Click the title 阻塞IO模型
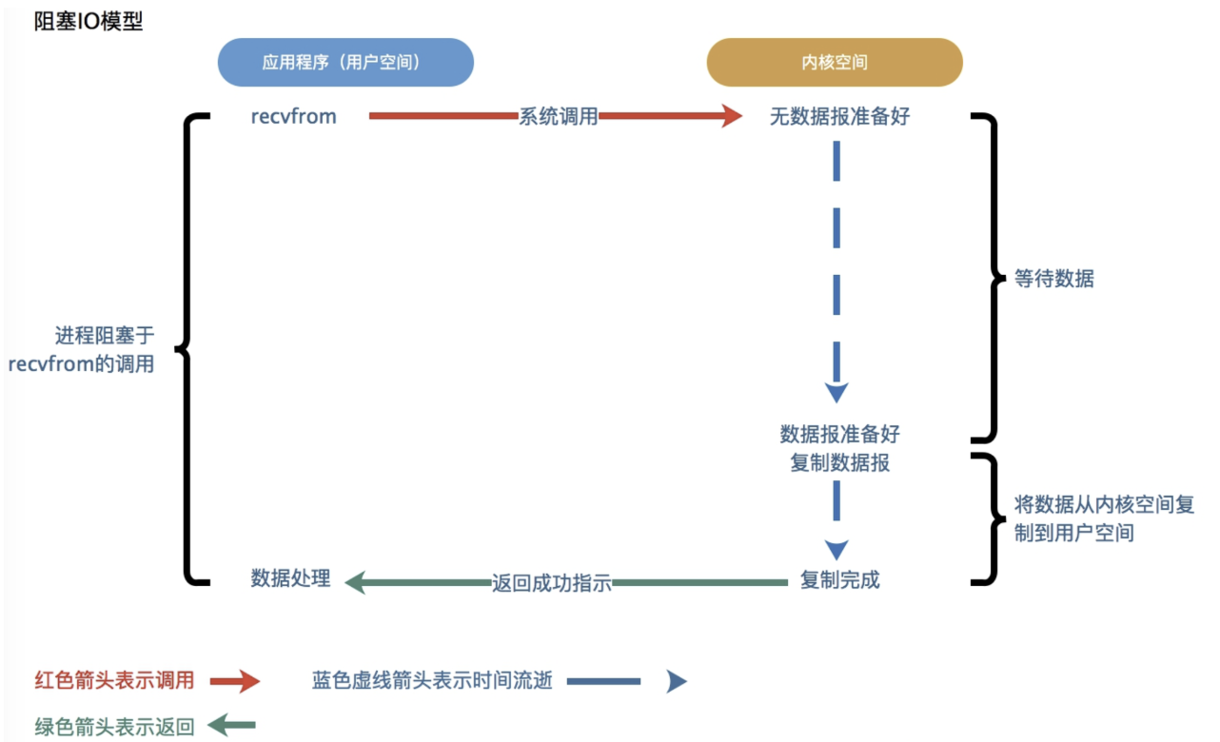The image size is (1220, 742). click(x=89, y=21)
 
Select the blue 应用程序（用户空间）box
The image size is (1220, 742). click(x=345, y=63)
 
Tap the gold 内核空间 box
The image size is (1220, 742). click(x=835, y=63)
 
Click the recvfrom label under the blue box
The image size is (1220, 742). click(x=293, y=116)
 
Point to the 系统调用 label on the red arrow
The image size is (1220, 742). click(x=558, y=116)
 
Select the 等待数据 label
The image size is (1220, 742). click(x=1054, y=279)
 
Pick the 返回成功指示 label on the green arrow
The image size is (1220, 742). click(x=551, y=583)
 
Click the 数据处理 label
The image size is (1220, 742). click(x=290, y=578)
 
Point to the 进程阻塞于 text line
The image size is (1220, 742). click(x=105, y=336)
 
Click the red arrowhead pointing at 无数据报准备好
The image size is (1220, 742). click(x=731, y=116)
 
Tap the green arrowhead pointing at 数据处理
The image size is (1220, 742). click(x=355, y=582)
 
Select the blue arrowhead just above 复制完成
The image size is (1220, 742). click(x=836, y=549)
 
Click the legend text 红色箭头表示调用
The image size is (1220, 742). click(x=114, y=680)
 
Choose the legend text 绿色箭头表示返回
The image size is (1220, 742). click(x=114, y=728)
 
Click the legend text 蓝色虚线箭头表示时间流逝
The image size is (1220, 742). click(x=432, y=680)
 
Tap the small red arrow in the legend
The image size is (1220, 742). click(x=234, y=680)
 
